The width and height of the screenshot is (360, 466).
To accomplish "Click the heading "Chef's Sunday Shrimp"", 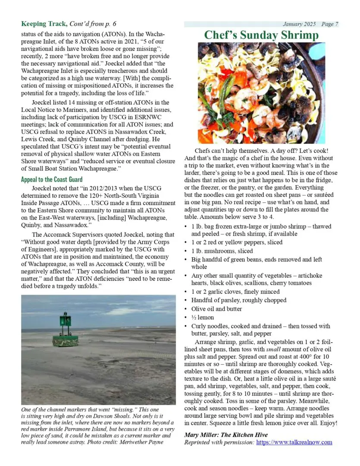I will pyautogui.click(x=261, y=35).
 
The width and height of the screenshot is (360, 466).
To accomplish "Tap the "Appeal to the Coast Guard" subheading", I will pyautogui.click(x=52, y=179).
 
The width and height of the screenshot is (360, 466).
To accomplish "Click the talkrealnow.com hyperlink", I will pyautogui.click(x=294, y=442).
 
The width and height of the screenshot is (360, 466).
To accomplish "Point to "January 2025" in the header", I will pyautogui.click(x=299, y=24).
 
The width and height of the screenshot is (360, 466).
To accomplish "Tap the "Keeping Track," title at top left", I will pyautogui.click(x=44, y=24).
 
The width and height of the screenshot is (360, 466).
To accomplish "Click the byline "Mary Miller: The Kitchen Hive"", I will pyautogui.click(x=226, y=435).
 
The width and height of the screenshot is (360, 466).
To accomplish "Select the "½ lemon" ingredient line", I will pyautogui.click(x=203, y=317).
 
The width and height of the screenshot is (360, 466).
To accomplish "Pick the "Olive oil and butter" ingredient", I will pyautogui.click(x=216, y=309).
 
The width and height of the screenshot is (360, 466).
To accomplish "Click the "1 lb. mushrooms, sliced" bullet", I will pyautogui.click(x=222, y=251).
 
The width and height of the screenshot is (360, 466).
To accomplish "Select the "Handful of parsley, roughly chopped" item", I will pyautogui.click(x=239, y=300).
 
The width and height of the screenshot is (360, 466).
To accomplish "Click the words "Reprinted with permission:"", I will pyautogui.click(x=219, y=442).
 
